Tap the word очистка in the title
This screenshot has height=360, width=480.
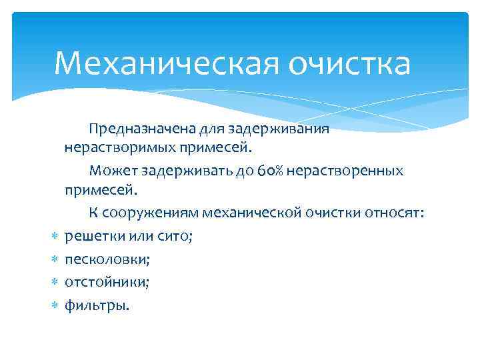349,65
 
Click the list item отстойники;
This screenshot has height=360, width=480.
107,282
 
